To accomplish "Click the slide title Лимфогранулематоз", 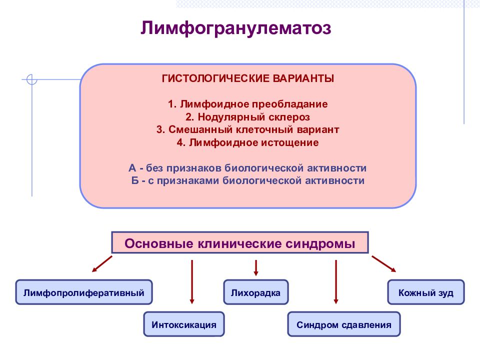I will (x=235, y=28).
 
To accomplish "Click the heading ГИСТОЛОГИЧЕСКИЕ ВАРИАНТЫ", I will (x=247, y=79).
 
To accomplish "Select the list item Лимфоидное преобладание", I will (x=247, y=104).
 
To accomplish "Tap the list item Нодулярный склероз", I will (x=247, y=117).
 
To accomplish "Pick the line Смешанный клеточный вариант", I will (x=247, y=130).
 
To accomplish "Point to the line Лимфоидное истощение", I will (x=247, y=143).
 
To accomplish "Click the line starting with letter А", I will (x=247, y=168).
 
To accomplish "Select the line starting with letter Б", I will (x=247, y=180).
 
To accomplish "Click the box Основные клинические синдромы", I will (x=239, y=244).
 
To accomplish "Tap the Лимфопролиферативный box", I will (x=83, y=292).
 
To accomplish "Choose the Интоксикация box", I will (x=184, y=324).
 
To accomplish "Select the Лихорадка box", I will (x=255, y=292).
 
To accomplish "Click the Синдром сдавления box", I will (x=343, y=324).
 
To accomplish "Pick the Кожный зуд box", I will (x=426, y=292).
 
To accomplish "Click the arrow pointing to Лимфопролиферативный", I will (x=102, y=264).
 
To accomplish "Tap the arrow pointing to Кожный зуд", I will (x=383, y=264).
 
